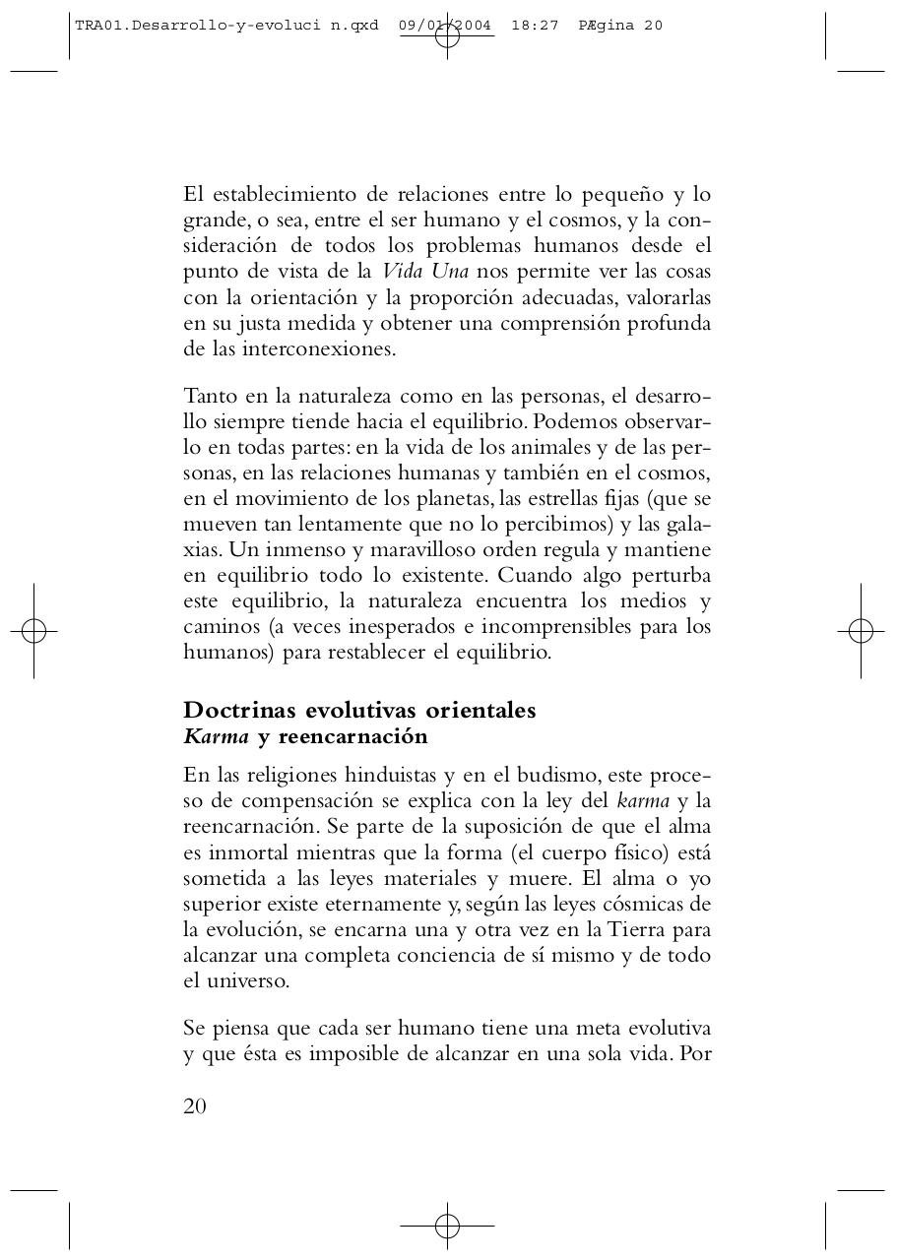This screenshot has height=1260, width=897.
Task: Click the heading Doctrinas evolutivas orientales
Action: [359, 711]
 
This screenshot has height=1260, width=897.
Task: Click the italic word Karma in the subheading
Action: [216, 737]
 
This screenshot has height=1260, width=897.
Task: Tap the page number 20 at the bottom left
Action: [195, 1106]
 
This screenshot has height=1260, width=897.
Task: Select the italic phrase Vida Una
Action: [424, 272]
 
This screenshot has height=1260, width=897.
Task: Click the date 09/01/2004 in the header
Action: [445, 26]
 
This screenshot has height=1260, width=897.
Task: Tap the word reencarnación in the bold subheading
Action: [352, 737]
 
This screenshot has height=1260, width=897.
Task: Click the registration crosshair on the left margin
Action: [33, 631]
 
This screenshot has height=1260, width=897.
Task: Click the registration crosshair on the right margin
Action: [861, 631]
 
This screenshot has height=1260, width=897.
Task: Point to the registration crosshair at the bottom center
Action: [447, 1226]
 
